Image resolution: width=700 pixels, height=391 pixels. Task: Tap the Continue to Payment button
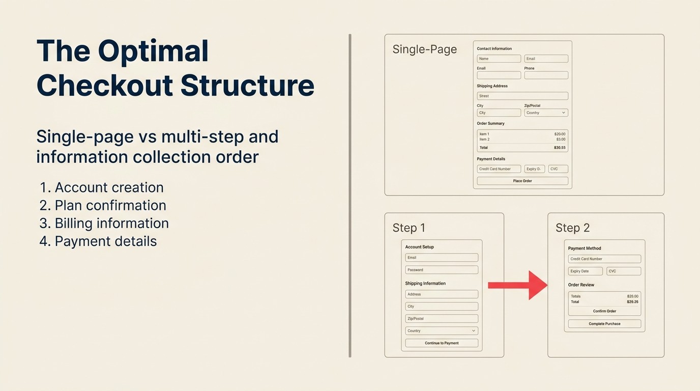pyautogui.click(x=442, y=343)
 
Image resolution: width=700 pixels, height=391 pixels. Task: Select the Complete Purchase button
pyautogui.click(x=604, y=324)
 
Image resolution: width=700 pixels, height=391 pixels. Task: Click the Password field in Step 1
pyautogui.click(x=442, y=270)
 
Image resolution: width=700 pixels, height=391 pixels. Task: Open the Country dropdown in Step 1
pyautogui.click(x=442, y=331)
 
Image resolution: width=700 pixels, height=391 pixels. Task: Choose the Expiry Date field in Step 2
pyautogui.click(x=585, y=271)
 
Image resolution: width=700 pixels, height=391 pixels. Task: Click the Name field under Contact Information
pyautogui.click(x=499, y=59)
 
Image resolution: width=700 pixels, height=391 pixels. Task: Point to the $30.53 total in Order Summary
pyautogui.click(x=560, y=148)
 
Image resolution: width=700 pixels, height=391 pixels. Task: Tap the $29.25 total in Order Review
pyautogui.click(x=632, y=302)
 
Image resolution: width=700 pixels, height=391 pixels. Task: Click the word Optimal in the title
pyautogui.click(x=153, y=51)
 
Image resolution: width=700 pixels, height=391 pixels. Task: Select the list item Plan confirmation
pyautogui.click(x=110, y=205)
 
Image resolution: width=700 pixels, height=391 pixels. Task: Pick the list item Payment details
pyautogui.click(x=105, y=241)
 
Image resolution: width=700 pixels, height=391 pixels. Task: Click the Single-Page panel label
pyautogui.click(x=425, y=49)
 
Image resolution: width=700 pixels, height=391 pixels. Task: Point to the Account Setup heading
pyautogui.click(x=419, y=247)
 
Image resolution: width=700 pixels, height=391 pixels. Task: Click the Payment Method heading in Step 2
pyautogui.click(x=585, y=248)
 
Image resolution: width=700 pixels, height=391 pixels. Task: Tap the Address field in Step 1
pyautogui.click(x=442, y=294)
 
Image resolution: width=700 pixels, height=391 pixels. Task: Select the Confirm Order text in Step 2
pyautogui.click(x=604, y=311)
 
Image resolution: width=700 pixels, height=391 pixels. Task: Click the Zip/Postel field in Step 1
pyautogui.click(x=442, y=319)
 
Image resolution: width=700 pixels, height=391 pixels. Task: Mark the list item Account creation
pyautogui.click(x=109, y=187)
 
